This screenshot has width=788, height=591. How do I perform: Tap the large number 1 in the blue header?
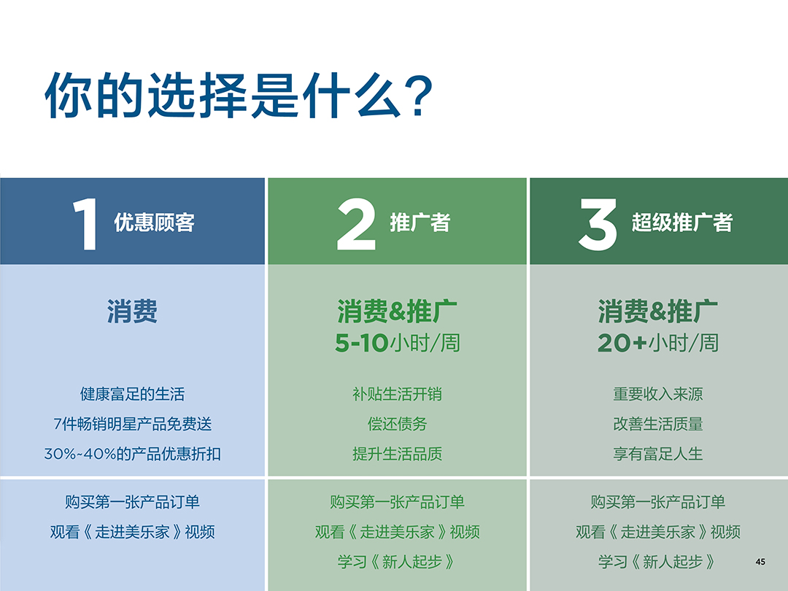click(85, 223)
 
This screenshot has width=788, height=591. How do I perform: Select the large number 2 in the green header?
click(356, 223)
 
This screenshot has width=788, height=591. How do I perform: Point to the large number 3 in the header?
click(598, 223)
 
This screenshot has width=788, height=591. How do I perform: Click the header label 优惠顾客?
click(154, 223)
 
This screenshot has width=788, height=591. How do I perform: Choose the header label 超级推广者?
click(681, 223)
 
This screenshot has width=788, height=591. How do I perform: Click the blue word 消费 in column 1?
click(132, 312)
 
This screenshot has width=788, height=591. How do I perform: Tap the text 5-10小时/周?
click(398, 342)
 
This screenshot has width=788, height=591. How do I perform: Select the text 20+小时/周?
click(658, 342)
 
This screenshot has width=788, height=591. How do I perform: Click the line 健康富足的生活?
click(132, 394)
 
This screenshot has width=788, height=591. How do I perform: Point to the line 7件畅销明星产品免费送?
click(132, 424)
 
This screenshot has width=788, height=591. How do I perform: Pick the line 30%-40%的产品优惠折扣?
click(132, 454)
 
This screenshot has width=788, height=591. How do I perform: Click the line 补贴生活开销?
click(398, 394)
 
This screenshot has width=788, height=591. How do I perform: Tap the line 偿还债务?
click(398, 424)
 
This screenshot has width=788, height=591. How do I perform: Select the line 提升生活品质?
click(398, 454)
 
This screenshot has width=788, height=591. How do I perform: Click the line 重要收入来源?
click(658, 394)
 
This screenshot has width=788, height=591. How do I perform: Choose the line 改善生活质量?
click(658, 424)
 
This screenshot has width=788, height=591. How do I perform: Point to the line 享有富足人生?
click(658, 454)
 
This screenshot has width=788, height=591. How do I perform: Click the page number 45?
click(760, 561)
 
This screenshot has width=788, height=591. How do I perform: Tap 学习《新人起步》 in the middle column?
click(398, 562)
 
